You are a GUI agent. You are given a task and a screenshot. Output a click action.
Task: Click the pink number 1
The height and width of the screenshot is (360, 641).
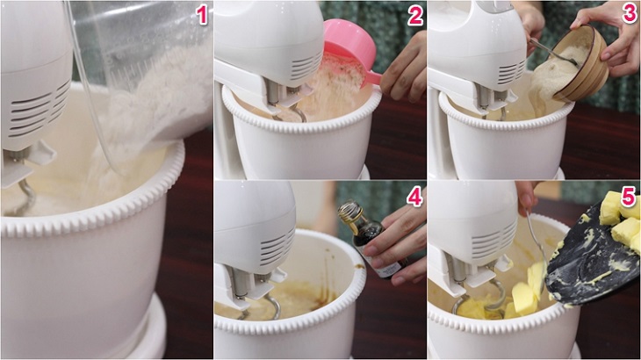point(202,15)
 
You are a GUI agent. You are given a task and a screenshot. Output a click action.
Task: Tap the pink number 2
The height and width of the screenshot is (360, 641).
point(415,16)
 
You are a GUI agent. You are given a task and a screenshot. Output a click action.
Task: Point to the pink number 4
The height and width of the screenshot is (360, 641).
point(414,198)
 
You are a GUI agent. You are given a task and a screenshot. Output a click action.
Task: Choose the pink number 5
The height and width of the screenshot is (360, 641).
point(629,196)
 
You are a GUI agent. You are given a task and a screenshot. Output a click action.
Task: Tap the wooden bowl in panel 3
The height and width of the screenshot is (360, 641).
point(580,63)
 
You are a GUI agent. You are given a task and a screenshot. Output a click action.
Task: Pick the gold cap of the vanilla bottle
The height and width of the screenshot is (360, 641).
point(349,212)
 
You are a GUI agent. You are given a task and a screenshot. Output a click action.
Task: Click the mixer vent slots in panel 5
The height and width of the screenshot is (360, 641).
point(495,241)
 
